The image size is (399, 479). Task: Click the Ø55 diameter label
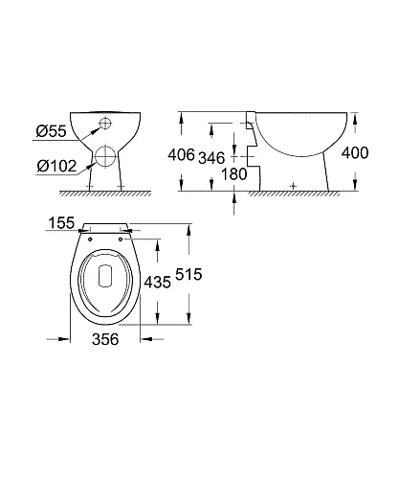click(x=51, y=131)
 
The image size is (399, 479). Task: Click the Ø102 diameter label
click(x=56, y=166)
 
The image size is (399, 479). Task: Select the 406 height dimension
click(x=181, y=155)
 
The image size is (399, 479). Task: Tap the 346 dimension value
click(x=211, y=158)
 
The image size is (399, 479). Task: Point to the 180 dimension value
click(x=234, y=174)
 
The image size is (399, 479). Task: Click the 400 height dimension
click(x=355, y=153)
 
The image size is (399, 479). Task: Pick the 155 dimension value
click(x=61, y=223)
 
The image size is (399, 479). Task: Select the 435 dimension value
click(x=158, y=283)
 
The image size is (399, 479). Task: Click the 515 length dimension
click(x=188, y=274)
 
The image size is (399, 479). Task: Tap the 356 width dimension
click(x=105, y=339)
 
